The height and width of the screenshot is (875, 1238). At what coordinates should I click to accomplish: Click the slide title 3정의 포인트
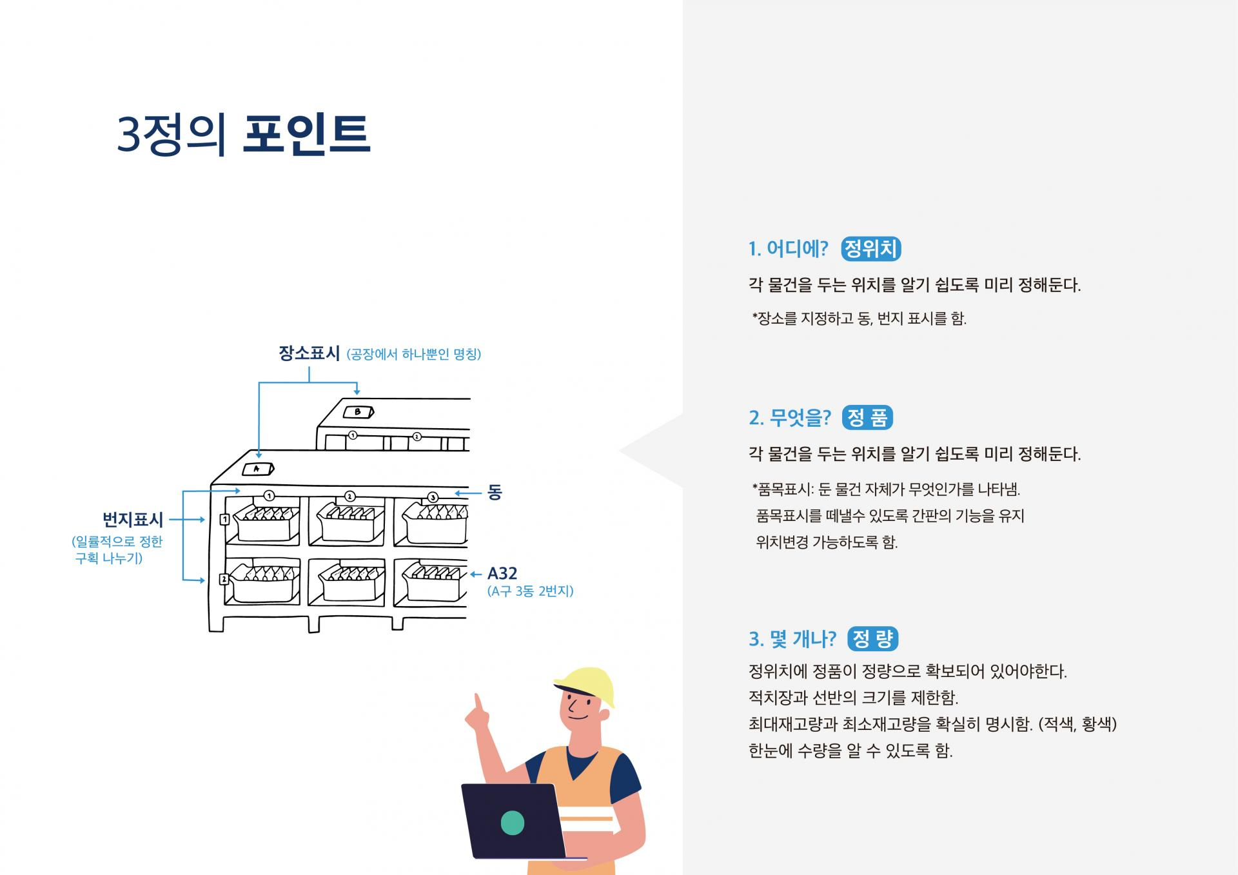click(244, 135)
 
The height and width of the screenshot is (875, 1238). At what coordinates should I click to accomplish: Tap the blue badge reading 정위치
click(870, 249)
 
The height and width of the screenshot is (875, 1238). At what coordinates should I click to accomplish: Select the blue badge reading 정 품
click(867, 418)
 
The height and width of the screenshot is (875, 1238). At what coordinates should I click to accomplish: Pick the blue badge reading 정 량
click(873, 639)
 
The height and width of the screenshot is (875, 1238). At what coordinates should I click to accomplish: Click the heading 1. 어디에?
click(788, 249)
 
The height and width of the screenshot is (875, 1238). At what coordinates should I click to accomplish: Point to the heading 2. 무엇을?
click(790, 418)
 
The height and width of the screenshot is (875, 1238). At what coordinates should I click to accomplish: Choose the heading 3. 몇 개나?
click(792, 639)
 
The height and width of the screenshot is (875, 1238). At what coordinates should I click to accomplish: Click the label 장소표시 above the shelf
click(309, 353)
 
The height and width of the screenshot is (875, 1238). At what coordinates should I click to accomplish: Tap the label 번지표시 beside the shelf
click(133, 519)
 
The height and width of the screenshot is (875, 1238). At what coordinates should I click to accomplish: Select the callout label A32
click(502, 573)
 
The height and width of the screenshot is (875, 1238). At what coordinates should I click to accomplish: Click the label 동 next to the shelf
click(495, 493)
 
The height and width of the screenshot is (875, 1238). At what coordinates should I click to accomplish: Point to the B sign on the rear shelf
click(358, 412)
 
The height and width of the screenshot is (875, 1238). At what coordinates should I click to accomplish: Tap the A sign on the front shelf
click(257, 469)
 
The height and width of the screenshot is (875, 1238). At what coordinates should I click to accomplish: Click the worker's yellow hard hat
click(585, 685)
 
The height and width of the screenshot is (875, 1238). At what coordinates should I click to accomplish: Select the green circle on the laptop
click(512, 823)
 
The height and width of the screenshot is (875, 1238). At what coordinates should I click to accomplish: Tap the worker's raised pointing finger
click(478, 702)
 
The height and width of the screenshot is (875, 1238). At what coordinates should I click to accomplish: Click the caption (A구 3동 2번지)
click(530, 591)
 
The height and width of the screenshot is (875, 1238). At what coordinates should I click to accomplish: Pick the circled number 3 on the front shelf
click(433, 497)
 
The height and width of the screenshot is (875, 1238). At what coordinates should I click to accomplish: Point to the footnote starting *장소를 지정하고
click(859, 319)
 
